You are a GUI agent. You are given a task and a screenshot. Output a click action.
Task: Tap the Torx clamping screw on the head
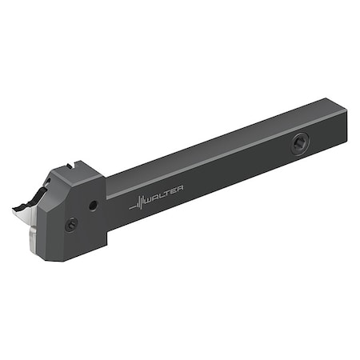(73, 225)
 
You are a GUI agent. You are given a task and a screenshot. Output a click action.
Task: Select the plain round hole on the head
(94, 206)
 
